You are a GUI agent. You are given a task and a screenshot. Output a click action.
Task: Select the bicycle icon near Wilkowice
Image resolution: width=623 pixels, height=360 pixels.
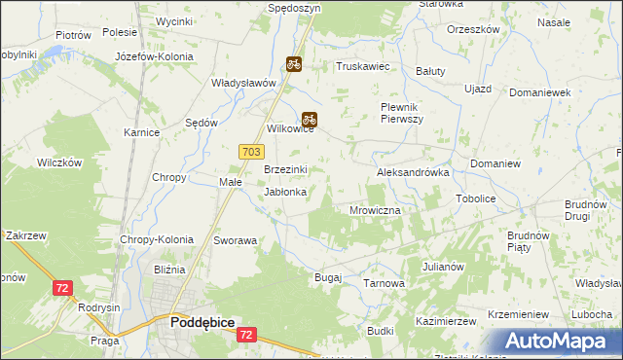point(310,120)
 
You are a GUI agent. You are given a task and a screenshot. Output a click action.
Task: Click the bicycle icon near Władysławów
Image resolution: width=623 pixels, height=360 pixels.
point(293,64)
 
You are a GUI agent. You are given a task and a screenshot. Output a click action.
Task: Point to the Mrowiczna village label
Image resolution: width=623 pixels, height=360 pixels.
point(375,209)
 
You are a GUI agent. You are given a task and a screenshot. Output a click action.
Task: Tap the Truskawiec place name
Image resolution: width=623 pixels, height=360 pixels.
point(362,66)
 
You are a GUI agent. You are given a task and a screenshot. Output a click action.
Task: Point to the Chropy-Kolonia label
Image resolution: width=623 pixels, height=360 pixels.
point(157,239)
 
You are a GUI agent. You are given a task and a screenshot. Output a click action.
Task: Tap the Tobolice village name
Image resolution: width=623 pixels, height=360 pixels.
point(475,198)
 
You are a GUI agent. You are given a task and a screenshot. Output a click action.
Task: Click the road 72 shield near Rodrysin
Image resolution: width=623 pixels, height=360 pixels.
point(63,288)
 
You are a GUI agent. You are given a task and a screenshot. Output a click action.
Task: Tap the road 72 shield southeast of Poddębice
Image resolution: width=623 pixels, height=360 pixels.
point(248,334)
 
